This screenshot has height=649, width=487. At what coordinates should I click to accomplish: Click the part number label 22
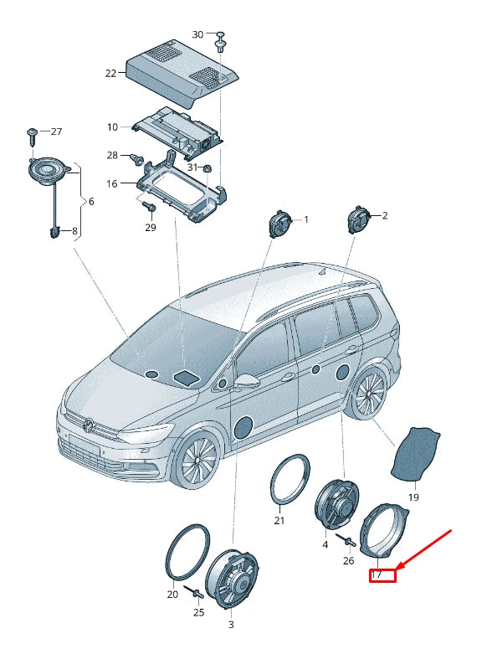pos(110,73)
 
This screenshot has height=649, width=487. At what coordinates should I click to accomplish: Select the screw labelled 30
pos(221,42)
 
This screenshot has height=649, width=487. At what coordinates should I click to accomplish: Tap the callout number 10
pos(112,127)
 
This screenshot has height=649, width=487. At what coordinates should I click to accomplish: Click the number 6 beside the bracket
pos(91,202)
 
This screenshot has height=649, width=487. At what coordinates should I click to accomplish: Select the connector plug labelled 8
pos(54,232)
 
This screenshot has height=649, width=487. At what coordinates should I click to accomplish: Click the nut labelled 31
pos(208,169)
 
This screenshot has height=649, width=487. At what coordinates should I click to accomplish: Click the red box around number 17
pos(382,574)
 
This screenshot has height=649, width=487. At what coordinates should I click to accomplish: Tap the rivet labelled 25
pos(196,594)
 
